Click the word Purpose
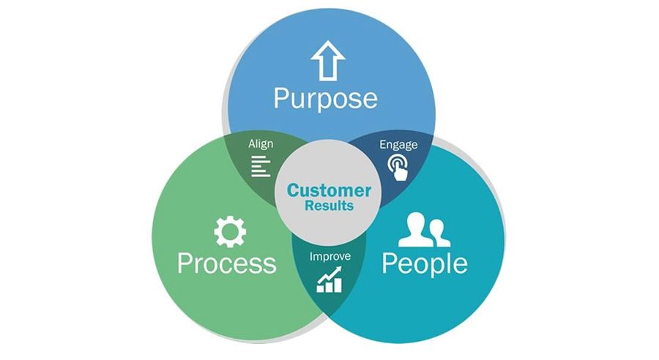pos(325,97)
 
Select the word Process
pos(226,263)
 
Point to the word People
pos(425,263)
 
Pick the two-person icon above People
pos(425,230)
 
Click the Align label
pos(261,144)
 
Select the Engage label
pos(398,144)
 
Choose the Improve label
pos(329,257)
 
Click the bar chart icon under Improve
pos(329,280)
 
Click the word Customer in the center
pos(329,191)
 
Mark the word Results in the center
pos(329,206)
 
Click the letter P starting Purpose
pos(282,97)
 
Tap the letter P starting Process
pos(185,263)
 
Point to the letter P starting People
pos(390,263)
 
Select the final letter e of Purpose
pos(370,100)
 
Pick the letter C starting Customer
pos(292,191)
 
